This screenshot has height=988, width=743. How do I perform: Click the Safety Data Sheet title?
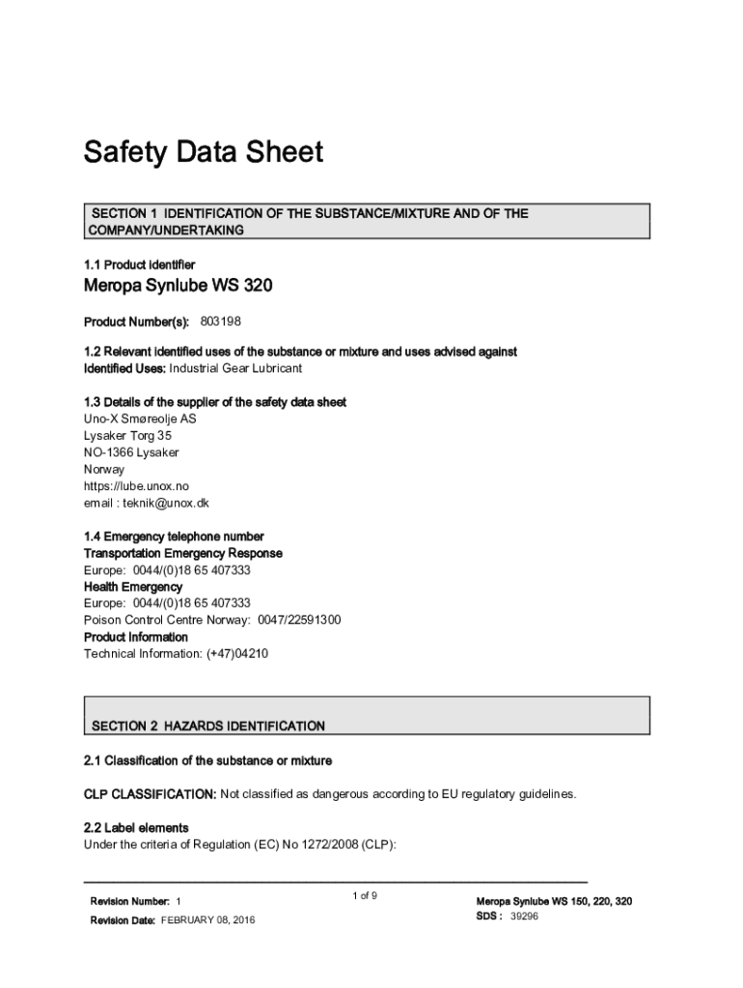pyautogui.click(x=203, y=152)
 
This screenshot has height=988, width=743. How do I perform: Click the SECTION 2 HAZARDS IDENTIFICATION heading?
pyautogui.click(x=207, y=726)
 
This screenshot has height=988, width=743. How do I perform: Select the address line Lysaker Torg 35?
pyautogui.click(x=127, y=436)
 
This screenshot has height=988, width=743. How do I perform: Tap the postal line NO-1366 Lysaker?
pyautogui.click(x=131, y=453)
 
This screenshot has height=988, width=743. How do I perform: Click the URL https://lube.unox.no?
pyautogui.click(x=129, y=486)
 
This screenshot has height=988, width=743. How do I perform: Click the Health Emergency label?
pyautogui.click(x=132, y=587)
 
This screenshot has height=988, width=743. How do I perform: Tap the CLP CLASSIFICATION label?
pyautogui.click(x=150, y=794)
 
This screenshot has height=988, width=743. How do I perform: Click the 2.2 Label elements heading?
pyautogui.click(x=136, y=828)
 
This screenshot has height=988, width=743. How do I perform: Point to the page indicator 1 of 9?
pyautogui.click(x=365, y=896)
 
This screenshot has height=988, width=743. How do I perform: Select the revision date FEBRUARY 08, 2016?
pyautogui.click(x=214, y=920)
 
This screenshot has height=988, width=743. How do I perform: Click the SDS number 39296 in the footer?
pyautogui.click(x=524, y=917)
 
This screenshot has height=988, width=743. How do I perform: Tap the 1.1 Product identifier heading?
pyautogui.click(x=139, y=264)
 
